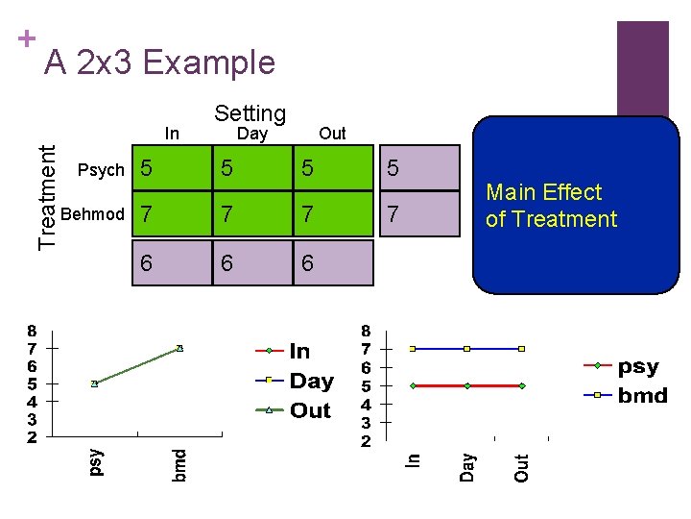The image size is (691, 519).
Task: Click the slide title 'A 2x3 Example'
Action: pos(160,62)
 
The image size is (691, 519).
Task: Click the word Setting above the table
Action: pos(250,113)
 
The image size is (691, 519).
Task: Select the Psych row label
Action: pos(101,170)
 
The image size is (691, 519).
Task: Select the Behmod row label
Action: pos(92,212)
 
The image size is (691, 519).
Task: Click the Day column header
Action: pos(252,134)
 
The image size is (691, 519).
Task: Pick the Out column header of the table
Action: pos(332,134)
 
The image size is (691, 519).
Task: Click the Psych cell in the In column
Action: pos(170,170)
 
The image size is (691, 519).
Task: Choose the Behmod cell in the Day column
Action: pos(250,213)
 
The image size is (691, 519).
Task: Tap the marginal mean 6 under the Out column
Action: pos(331,262)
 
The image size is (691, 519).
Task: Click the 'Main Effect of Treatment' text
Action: pos(551,206)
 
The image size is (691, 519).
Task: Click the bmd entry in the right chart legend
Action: pos(642,395)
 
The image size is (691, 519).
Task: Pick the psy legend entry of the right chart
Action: pos(638,366)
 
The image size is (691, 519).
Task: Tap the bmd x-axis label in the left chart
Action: pos(179,464)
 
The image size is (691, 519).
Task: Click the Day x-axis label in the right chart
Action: pos(466,467)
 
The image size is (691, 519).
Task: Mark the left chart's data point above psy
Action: pos(94,383)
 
